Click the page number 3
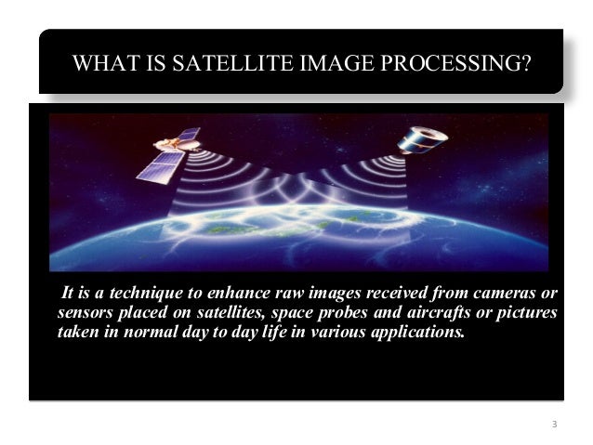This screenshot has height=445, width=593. click(x=554, y=425)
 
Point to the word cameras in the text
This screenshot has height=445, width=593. click(x=506, y=295)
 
